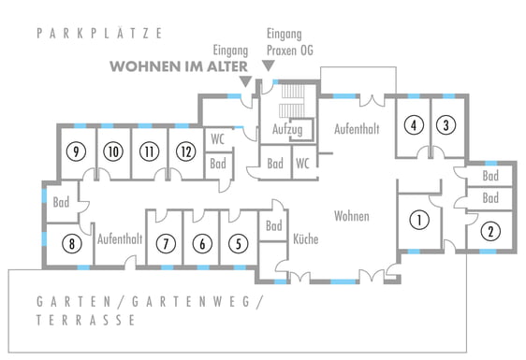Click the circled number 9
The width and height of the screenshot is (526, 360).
(76, 151)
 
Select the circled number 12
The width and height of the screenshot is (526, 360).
(186, 151)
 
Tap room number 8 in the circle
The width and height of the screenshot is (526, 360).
(72, 243)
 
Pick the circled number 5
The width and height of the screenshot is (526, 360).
(238, 243)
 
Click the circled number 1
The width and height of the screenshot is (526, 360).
(419, 220)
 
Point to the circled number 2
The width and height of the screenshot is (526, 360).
(490, 231)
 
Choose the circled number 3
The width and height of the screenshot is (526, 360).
(446, 125)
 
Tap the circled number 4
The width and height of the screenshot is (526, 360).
(414, 125)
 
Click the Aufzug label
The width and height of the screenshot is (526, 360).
(287, 129)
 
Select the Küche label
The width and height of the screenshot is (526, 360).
(306, 238)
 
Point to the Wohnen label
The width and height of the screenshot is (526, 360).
(352, 216)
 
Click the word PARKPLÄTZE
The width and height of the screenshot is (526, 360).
(99, 33)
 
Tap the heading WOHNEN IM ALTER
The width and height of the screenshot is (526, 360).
(179, 66)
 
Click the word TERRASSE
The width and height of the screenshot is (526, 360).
(85, 320)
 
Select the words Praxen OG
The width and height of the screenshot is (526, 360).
(290, 50)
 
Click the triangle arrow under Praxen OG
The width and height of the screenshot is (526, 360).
(269, 65)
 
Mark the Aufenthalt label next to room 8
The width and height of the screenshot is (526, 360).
(120, 239)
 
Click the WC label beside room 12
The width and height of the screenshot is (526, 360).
(217, 138)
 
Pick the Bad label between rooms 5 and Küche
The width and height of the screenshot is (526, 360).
(273, 225)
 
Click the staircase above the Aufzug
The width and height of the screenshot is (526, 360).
(293, 101)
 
